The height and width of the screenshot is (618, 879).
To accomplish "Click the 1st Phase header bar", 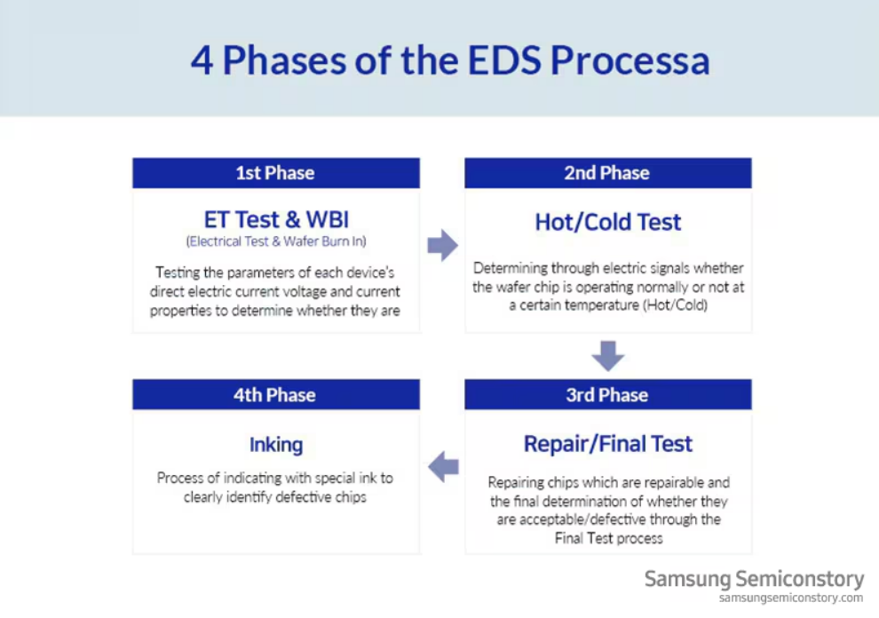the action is tap(275, 173).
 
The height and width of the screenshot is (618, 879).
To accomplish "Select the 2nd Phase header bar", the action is tap(607, 173).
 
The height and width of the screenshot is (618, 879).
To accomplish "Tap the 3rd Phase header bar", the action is tap(607, 395).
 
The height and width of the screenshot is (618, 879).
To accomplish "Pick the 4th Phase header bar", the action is tap(275, 395).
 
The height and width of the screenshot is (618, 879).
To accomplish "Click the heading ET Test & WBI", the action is tap(275, 220).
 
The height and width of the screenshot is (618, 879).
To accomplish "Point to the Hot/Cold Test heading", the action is tap(607, 222).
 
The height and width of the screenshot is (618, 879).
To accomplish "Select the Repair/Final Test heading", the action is tap(607, 443).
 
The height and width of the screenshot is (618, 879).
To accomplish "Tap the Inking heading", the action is tap(275, 444).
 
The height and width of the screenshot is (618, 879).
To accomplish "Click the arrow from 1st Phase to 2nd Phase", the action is tap(442, 245).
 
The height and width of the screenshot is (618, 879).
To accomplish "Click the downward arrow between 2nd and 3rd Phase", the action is tap(608, 355).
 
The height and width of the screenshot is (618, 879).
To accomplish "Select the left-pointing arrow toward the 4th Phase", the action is tap(443, 465).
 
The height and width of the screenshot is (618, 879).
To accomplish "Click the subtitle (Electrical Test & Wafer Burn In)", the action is tap(275, 242).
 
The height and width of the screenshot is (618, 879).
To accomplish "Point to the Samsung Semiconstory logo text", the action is tap(753, 580).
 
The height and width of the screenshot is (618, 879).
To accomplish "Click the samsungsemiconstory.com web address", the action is tap(790, 598).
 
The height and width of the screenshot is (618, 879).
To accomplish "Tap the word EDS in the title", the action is tap(498, 60).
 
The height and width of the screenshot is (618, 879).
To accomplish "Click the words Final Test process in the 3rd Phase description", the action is tap(609, 538).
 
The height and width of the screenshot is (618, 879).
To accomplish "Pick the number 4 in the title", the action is tap(202, 60).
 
